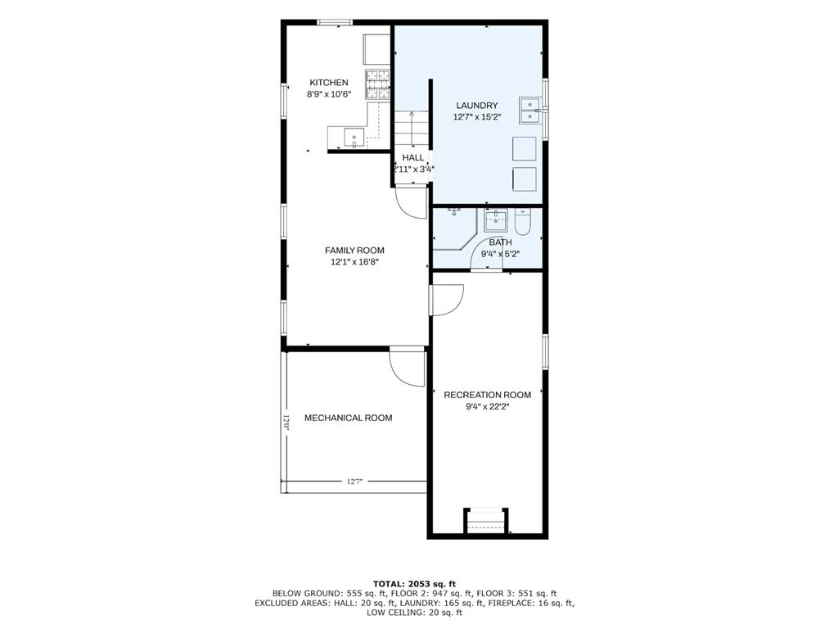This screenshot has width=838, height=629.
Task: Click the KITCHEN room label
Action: click(x=329, y=83)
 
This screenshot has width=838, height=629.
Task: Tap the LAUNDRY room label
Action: click(x=477, y=106)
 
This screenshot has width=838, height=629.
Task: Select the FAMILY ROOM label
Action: click(x=354, y=251)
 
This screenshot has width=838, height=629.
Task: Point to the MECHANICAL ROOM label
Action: click(x=348, y=418)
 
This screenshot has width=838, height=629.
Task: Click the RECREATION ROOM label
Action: click(x=488, y=395)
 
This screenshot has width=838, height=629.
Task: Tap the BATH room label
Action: click(x=500, y=242)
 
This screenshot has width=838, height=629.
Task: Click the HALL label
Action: click(x=412, y=157)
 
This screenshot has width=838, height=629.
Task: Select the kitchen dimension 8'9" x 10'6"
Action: click(x=329, y=94)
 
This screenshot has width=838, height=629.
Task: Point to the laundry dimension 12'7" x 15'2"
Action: click(x=477, y=117)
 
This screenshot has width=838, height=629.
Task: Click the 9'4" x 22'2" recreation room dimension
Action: click(x=488, y=406)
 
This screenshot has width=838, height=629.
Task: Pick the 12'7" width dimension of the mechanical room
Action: click(x=354, y=482)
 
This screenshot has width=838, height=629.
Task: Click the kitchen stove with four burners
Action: click(x=378, y=84)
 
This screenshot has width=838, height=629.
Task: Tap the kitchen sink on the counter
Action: click(x=354, y=138)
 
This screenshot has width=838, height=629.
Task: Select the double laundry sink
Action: click(x=530, y=111)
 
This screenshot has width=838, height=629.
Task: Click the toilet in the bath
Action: click(x=522, y=221)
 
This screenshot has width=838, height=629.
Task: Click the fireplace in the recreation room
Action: click(x=485, y=520)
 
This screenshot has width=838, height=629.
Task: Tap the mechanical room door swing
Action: click(x=407, y=368)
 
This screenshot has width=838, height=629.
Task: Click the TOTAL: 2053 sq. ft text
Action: click(x=415, y=583)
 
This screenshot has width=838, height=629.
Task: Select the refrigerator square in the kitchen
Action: click(x=377, y=49)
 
